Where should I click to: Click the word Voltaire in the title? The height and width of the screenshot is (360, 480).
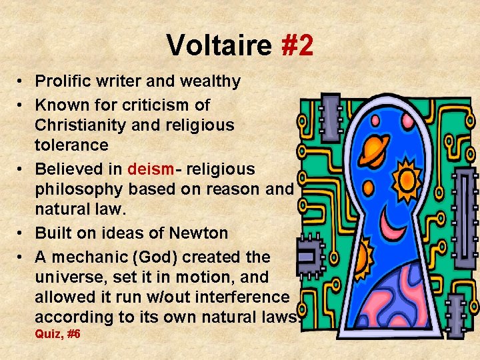[219, 45]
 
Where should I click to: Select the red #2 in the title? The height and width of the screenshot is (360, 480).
[297, 45]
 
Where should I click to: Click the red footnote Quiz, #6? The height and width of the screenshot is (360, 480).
[57, 333]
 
